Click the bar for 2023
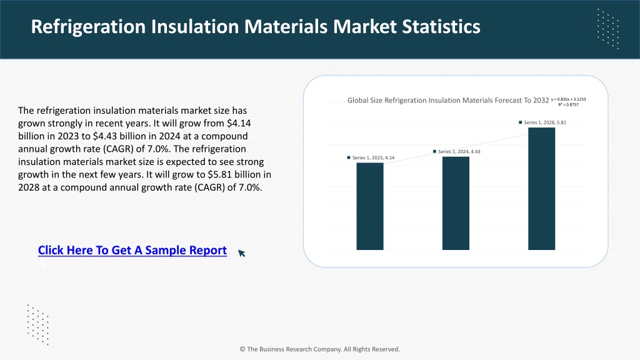(370, 206)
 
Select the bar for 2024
(456, 203)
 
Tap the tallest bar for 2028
(541, 189)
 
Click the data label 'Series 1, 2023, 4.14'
(371, 157)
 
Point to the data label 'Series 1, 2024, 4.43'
(456, 151)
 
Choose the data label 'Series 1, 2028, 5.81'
(542, 122)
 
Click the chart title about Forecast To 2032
(447, 101)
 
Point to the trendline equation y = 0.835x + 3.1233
(568, 99)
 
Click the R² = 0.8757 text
(569, 104)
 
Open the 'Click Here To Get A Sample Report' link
(132, 250)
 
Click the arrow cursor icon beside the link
(242, 253)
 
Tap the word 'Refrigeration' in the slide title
(88, 27)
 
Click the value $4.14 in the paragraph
(239, 123)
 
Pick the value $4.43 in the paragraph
(105, 136)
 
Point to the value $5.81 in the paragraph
(219, 175)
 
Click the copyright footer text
(319, 349)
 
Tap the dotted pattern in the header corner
(608, 29)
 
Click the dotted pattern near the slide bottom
(38, 324)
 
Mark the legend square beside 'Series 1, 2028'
(521, 122)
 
